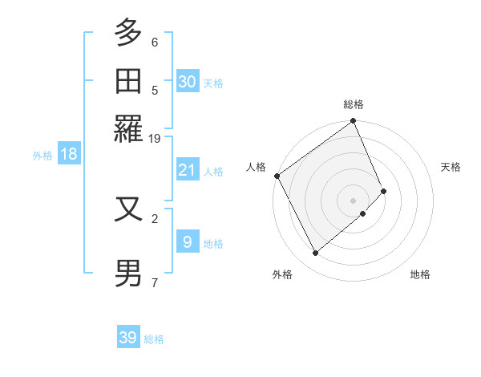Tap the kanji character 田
(129, 81)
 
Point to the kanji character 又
(129, 209)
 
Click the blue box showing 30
(188, 81)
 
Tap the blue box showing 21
(188, 170)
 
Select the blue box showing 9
(188, 241)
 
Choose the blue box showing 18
(69, 154)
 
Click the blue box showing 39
(128, 338)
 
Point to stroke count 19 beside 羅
(155, 138)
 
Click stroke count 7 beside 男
(155, 282)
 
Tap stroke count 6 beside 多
(155, 42)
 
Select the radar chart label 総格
(354, 104)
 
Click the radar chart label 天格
(451, 167)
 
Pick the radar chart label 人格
(257, 167)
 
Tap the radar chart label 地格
(420, 274)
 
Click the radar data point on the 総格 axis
(354, 122)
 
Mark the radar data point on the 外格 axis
(315, 253)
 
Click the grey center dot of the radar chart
(354, 200)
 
